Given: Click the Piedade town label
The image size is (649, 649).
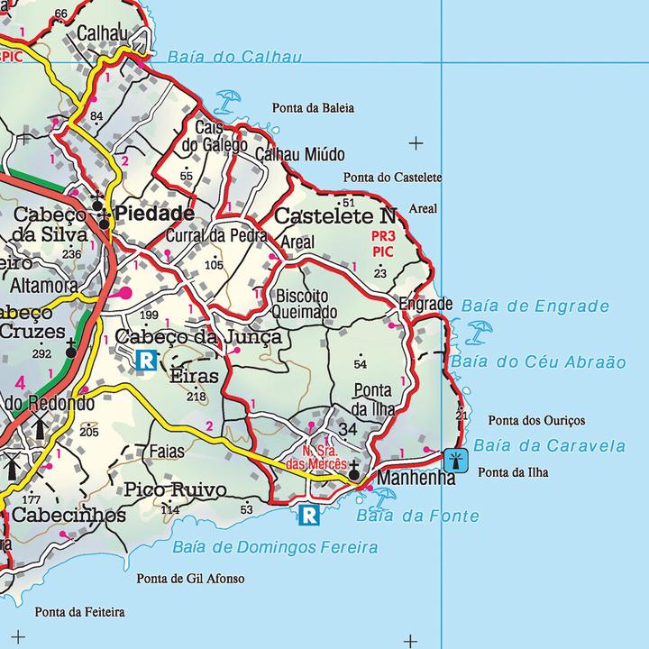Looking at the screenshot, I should (x=155, y=214).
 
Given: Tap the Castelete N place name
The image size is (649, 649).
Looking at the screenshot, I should (x=334, y=216).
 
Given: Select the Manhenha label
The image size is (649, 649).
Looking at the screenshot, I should (x=416, y=478).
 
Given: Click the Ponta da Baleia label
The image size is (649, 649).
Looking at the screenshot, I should (x=313, y=108).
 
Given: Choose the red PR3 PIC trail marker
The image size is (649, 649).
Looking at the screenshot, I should (x=383, y=243).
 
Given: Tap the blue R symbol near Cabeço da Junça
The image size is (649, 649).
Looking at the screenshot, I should (x=145, y=360).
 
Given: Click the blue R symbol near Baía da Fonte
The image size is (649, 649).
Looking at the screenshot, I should (x=309, y=515).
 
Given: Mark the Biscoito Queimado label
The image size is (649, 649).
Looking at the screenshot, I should (x=306, y=304).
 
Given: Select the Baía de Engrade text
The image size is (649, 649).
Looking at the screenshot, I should (x=535, y=306).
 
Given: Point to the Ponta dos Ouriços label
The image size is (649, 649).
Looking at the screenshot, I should (x=535, y=421).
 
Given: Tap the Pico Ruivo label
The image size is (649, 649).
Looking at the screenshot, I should (x=175, y=490).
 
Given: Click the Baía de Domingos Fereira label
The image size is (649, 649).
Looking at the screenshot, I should (x=274, y=547).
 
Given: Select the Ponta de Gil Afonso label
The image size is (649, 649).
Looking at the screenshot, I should (x=190, y=579).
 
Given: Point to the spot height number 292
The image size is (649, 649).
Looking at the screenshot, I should (x=41, y=353).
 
